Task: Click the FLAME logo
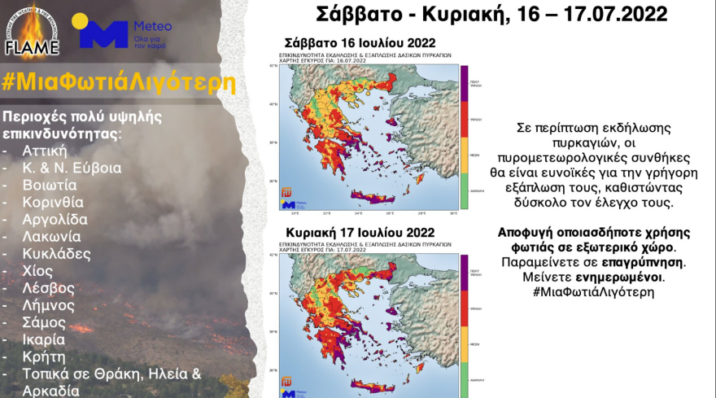tap(32, 32)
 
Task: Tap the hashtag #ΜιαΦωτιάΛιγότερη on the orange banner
tap(120, 84)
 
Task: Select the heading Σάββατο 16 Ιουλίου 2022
tap(360, 43)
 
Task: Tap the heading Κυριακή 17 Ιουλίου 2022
tap(359, 233)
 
